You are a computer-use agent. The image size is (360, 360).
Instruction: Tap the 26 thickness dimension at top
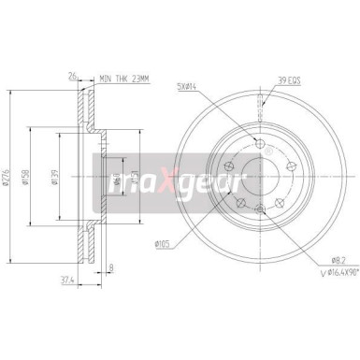click(71, 78)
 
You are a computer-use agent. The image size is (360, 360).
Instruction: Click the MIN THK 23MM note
click(125, 78)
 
